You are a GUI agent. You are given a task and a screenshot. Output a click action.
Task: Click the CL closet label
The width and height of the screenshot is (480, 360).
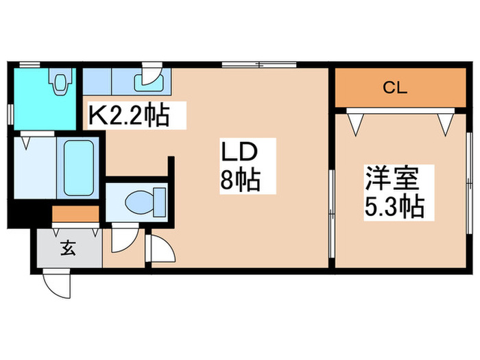click(x=393, y=87)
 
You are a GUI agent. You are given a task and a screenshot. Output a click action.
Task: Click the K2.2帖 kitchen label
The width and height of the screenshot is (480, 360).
click(x=128, y=115)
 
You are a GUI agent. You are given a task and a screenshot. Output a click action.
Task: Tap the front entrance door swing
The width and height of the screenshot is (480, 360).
click(x=58, y=281)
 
